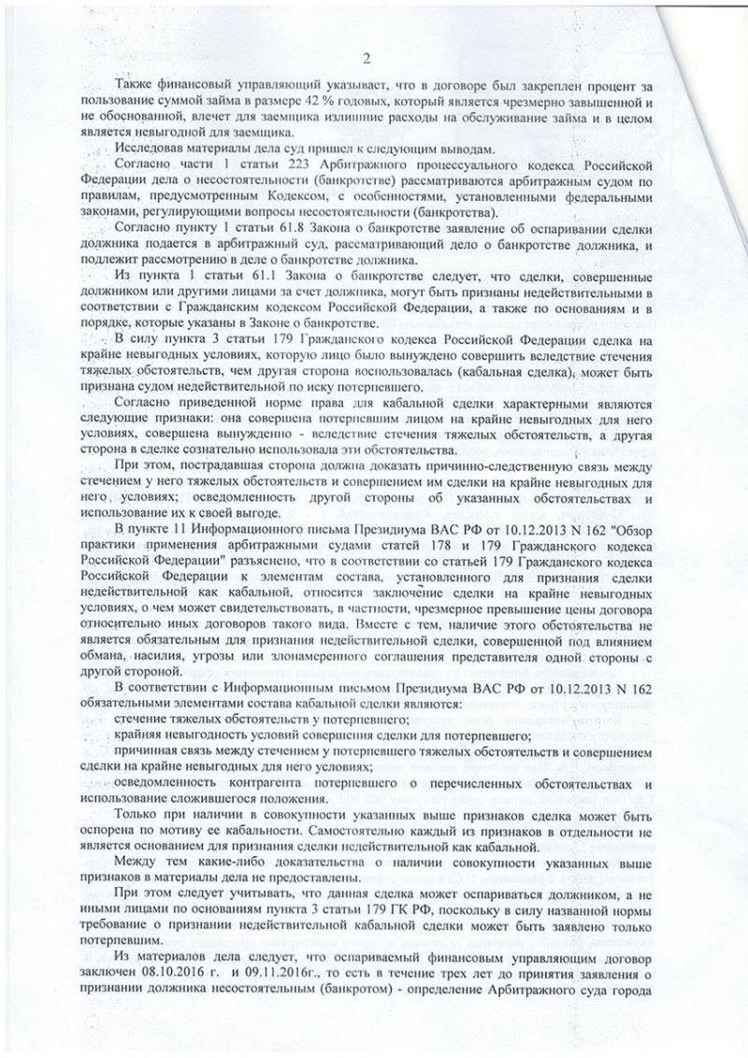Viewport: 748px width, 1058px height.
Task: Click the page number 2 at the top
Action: pos(367,60)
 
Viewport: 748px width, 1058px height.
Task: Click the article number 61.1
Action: pos(278,279)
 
